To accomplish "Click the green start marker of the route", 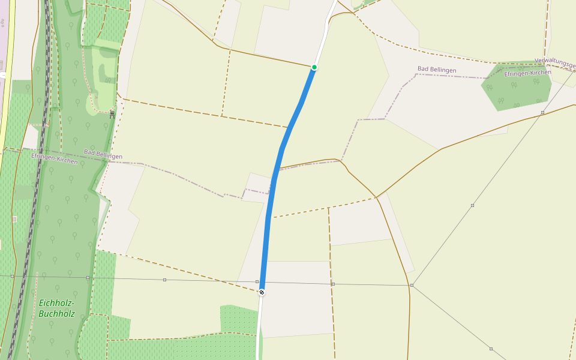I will pyautogui.click(x=314, y=67).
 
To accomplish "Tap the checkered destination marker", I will pyautogui.click(x=262, y=292).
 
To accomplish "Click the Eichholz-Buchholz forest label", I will pyautogui.click(x=56, y=308).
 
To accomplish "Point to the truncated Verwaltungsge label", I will pyautogui.click(x=554, y=61).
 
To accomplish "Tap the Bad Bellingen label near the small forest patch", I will pyautogui.click(x=437, y=70).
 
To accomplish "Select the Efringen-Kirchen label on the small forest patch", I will pyautogui.click(x=527, y=73).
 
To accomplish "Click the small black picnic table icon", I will pyautogui.click(x=112, y=114).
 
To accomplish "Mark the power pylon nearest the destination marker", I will pyautogui.click(x=257, y=281).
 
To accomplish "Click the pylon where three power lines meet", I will pyautogui.click(x=412, y=286).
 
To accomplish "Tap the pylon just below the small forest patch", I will pyautogui.click(x=542, y=112).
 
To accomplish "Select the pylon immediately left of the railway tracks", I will pyautogui.click(x=12, y=276).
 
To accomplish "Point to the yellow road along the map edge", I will pyautogui.click(x=5, y=120).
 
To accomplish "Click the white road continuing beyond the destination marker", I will pyautogui.click(x=259, y=330).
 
